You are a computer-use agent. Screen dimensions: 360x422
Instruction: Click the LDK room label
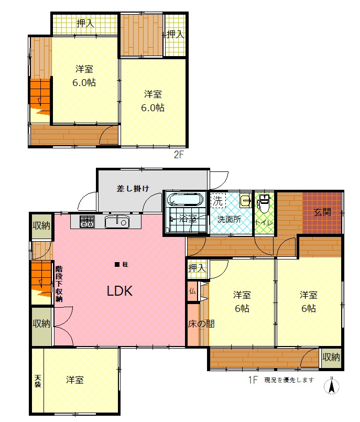point(119,291)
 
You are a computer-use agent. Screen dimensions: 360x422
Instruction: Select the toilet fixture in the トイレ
point(264,203)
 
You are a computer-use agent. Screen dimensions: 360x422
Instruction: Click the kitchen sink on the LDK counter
point(117,222)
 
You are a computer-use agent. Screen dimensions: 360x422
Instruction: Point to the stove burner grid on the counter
point(87,222)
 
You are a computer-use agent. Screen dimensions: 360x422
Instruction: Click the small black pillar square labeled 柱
point(117,265)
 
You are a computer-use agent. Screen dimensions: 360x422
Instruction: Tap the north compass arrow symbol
point(332,385)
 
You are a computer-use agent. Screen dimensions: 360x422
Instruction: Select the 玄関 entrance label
point(322,212)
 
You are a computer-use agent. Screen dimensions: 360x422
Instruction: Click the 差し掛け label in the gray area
point(133,188)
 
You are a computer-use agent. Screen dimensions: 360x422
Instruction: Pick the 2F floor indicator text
point(178,155)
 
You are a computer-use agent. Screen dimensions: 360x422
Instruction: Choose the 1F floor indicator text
point(253,380)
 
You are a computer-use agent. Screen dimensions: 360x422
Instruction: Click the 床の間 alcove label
point(201,324)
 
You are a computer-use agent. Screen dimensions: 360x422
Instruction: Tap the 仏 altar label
point(192,290)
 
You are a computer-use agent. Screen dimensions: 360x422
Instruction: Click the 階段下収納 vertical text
point(59,284)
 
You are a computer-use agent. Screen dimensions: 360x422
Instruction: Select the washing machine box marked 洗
point(217,201)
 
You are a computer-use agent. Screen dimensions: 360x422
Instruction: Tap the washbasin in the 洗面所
point(245,200)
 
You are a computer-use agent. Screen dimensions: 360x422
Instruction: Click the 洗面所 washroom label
point(229,219)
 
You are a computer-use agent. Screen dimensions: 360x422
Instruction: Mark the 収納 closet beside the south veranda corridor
point(331,358)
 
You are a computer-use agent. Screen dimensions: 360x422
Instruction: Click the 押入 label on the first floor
point(197,268)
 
